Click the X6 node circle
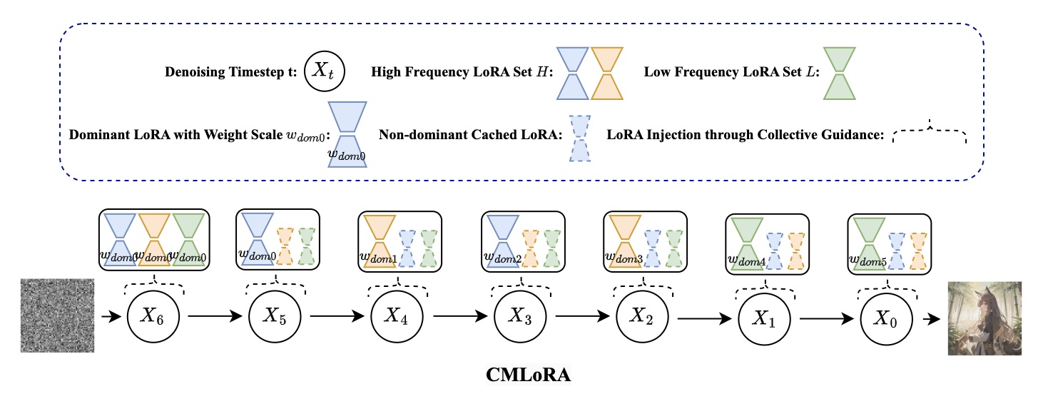pyautogui.click(x=154, y=318)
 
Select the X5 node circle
pyautogui.click(x=275, y=318)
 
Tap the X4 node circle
pyautogui.click(x=397, y=318)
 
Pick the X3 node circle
pyautogui.click(x=519, y=318)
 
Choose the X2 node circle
pyautogui.click(x=641, y=318)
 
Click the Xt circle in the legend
pyautogui.click(x=324, y=72)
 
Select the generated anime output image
pyautogui.click(x=985, y=318)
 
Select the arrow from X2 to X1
pyautogui.click(x=703, y=318)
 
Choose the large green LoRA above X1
pyautogui.click(x=746, y=243)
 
